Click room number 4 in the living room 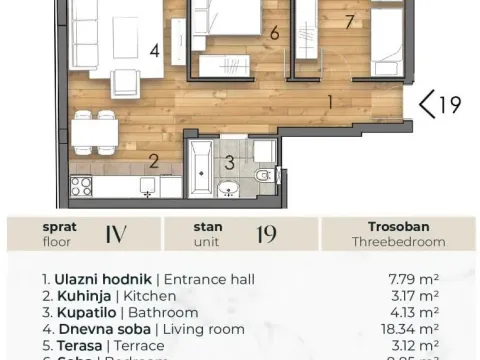(x=154, y=50)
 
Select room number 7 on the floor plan (x=349, y=21)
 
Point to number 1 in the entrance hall (x=331, y=100)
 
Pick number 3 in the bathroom (x=229, y=161)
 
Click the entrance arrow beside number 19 (x=427, y=103)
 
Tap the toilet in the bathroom (x=264, y=175)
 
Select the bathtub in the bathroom (x=201, y=169)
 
